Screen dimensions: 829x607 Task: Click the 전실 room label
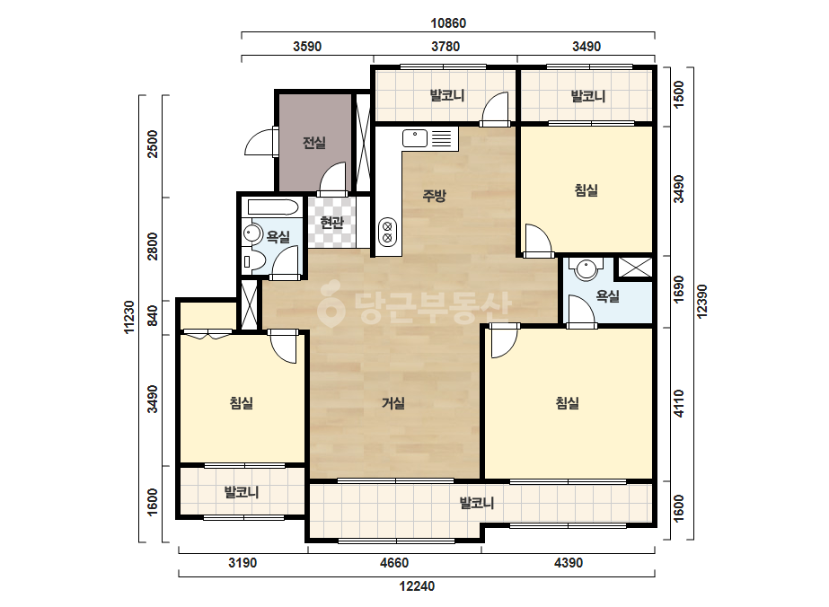[314, 142]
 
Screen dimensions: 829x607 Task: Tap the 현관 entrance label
[331, 222]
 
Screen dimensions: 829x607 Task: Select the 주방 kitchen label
[434, 196]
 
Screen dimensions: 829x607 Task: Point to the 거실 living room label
[393, 403]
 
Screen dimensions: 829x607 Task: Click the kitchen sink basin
[415, 138]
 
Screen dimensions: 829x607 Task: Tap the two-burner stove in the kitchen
[387, 233]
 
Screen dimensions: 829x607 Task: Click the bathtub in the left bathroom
[273, 207]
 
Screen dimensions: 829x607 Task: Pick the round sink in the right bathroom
[586, 268]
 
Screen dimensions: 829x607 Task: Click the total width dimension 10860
[448, 23]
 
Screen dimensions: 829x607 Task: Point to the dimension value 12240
[417, 585]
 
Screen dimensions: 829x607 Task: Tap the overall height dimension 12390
[702, 302]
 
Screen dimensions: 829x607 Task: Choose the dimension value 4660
[394, 563]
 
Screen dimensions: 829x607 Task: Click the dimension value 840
[153, 316]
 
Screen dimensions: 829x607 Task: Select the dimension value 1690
[679, 289]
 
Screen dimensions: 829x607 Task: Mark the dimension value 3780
[445, 47]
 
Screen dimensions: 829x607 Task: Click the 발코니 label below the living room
[477, 502]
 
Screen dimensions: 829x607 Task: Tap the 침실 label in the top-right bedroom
[586, 190]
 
